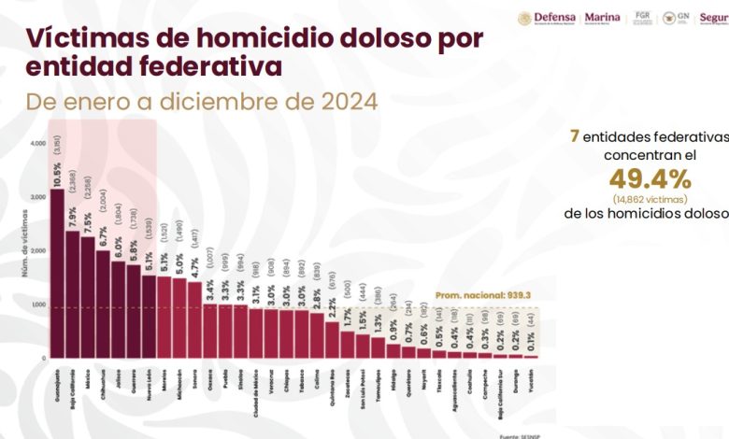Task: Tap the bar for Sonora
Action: coord(193,319)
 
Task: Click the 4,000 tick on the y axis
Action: coord(37,143)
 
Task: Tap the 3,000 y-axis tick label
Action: coord(37,197)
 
